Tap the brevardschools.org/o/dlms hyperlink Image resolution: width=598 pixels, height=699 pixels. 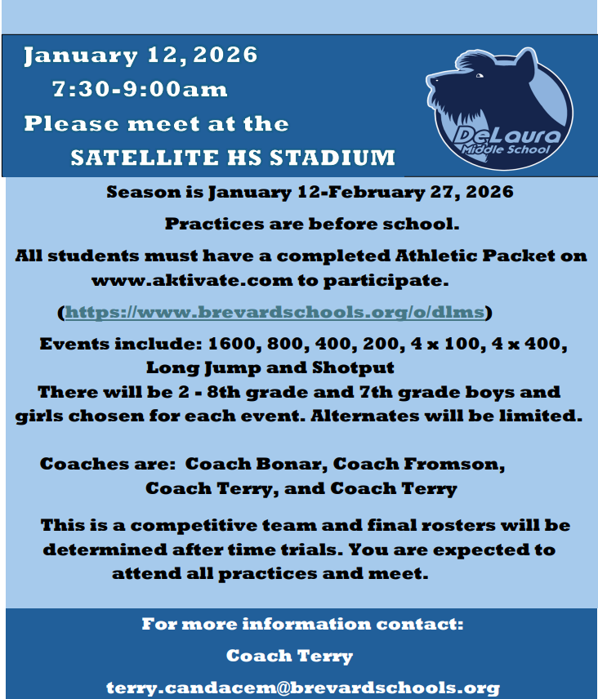tap(276, 312)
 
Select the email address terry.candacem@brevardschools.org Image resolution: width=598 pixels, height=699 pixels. tap(303, 688)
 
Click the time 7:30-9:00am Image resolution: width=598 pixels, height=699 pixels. tap(140, 88)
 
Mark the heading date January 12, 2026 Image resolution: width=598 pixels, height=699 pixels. tap(141, 56)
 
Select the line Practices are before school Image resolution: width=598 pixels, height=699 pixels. tap(313, 223)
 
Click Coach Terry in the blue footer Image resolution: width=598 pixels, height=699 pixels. tap(289, 656)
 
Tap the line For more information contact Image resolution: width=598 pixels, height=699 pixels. tap(302, 625)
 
